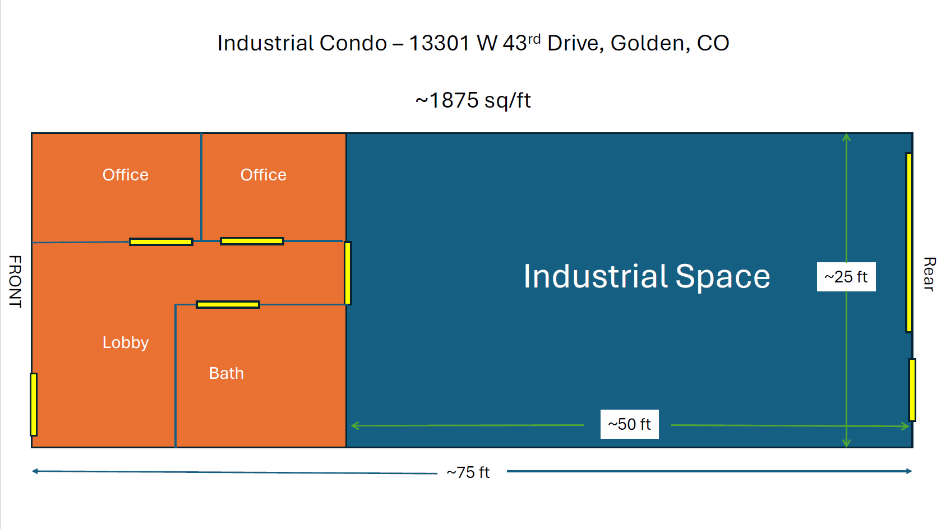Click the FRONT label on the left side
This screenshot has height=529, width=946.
click(x=15, y=281)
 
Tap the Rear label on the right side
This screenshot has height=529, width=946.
click(x=929, y=274)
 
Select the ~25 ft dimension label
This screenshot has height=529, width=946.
click(x=846, y=277)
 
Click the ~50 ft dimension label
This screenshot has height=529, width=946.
click(x=629, y=424)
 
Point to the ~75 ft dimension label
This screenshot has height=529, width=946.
click(x=468, y=472)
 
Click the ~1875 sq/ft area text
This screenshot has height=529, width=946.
click(x=473, y=100)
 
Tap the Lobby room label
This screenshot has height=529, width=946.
click(x=126, y=342)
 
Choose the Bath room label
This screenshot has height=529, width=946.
click(x=227, y=373)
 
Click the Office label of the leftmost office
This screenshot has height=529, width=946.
click(x=126, y=175)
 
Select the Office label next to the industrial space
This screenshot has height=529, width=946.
click(x=264, y=175)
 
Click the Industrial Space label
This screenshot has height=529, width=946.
click(x=647, y=276)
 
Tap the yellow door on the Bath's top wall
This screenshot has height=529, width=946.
click(x=228, y=304)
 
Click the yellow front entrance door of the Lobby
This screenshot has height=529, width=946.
click(x=34, y=404)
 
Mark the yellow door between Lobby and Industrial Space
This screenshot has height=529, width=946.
click(x=348, y=273)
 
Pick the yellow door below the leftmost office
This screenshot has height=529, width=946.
click(x=161, y=242)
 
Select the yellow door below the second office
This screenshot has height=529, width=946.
click(x=252, y=241)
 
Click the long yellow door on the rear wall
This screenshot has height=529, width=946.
click(x=909, y=242)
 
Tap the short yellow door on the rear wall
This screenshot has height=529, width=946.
click(x=912, y=389)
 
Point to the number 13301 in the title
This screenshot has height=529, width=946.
click(x=439, y=43)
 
